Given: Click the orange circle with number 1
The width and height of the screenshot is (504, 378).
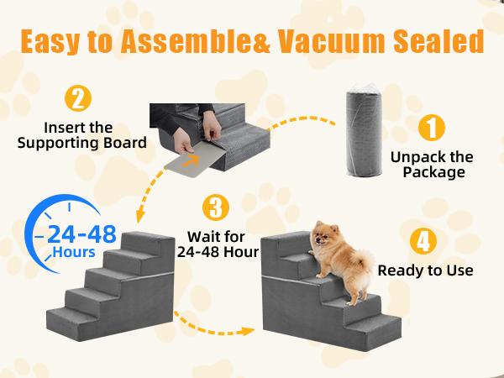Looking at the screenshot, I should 430,129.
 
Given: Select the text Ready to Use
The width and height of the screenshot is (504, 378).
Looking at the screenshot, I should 425,270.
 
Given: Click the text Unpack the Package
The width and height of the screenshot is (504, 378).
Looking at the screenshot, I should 432,165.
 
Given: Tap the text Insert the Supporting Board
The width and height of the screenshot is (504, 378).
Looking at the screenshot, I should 77,134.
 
